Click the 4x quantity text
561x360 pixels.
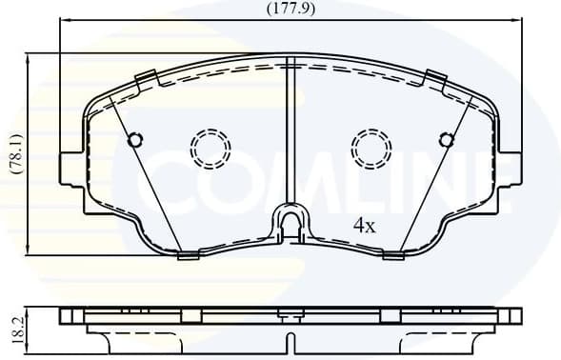366,226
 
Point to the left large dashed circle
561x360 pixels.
210,148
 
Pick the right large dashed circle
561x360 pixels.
371,148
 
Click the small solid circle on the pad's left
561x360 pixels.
135,140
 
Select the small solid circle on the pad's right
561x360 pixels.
445,140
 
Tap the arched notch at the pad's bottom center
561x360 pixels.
291,221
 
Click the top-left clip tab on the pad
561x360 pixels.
147,79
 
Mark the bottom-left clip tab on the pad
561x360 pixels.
188,253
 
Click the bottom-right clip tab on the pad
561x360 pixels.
392,253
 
